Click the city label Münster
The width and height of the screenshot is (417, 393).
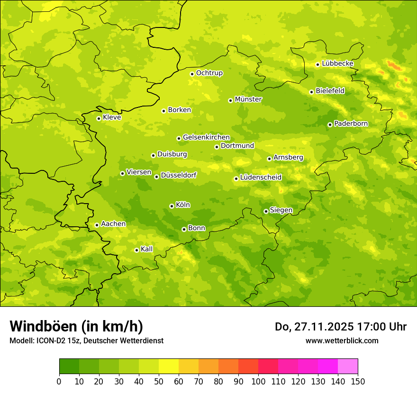[248, 99]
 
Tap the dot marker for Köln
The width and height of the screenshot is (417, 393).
[172, 206]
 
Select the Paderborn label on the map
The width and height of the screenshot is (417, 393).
[351, 124]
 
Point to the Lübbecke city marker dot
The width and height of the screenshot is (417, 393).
[317, 64]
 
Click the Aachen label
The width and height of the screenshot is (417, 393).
[113, 224]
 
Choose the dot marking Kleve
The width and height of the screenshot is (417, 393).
[99, 118]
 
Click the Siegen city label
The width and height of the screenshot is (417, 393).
[281, 210]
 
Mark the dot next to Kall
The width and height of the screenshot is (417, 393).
[136, 250]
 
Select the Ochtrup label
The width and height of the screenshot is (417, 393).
[209, 73]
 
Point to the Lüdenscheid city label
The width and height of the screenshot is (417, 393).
[261, 178]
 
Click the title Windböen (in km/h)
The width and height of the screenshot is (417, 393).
[76, 326]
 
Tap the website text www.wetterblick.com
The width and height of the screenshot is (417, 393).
[342, 340]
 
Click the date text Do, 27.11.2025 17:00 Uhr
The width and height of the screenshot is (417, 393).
[341, 327]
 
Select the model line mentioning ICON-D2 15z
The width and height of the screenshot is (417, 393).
[86, 340]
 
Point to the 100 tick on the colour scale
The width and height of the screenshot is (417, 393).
[258, 381]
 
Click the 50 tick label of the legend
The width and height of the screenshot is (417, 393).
[159, 381]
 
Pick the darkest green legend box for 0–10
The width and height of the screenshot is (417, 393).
[69, 366]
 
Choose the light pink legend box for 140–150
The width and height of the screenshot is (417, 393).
[348, 366]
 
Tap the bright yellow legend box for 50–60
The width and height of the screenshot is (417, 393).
[169, 366]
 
